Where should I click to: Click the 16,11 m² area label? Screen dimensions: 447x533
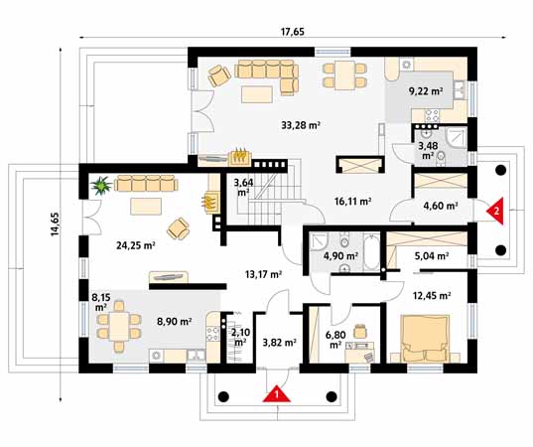[350, 201]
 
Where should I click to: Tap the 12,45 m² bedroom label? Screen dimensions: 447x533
[431, 294]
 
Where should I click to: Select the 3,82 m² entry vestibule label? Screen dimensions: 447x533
[278, 343]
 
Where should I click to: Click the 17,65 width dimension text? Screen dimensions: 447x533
[292, 32]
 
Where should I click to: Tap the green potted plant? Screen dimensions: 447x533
[100, 185]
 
